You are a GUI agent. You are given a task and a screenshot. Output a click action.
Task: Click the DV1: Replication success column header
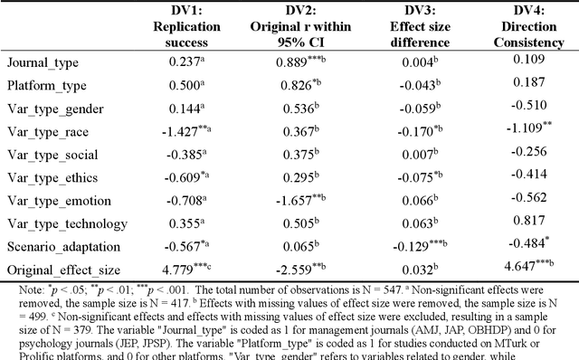[x=187, y=27]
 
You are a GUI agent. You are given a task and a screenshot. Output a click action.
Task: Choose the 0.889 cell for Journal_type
[x=305, y=62]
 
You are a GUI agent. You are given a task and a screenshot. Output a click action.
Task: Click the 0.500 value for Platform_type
[x=187, y=86]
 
